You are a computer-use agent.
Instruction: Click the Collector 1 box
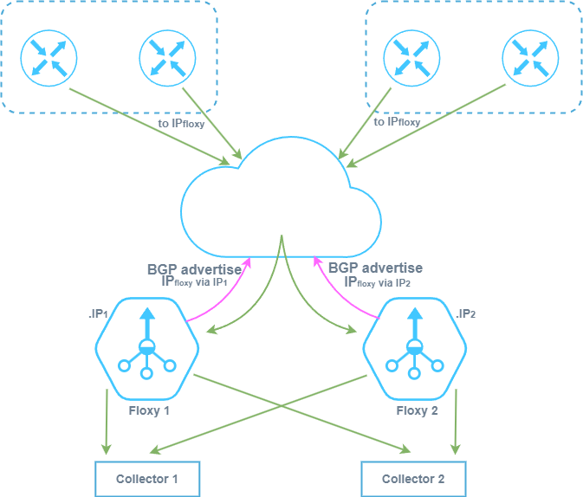147,479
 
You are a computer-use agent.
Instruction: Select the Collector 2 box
413,479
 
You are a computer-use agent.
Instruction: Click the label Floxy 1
149,410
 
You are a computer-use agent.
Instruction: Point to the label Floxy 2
418,410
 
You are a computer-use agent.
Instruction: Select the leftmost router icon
50,58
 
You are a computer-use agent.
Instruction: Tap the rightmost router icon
528,58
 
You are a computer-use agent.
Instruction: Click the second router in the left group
167,58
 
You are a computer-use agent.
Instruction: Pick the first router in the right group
410,58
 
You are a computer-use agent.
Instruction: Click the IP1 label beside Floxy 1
98,313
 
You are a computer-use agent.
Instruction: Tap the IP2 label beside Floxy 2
465,313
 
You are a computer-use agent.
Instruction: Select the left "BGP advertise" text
194,269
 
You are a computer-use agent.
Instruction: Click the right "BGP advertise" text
375,269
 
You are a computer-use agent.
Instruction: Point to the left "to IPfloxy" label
182,123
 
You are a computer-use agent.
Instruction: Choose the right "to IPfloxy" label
397,123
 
